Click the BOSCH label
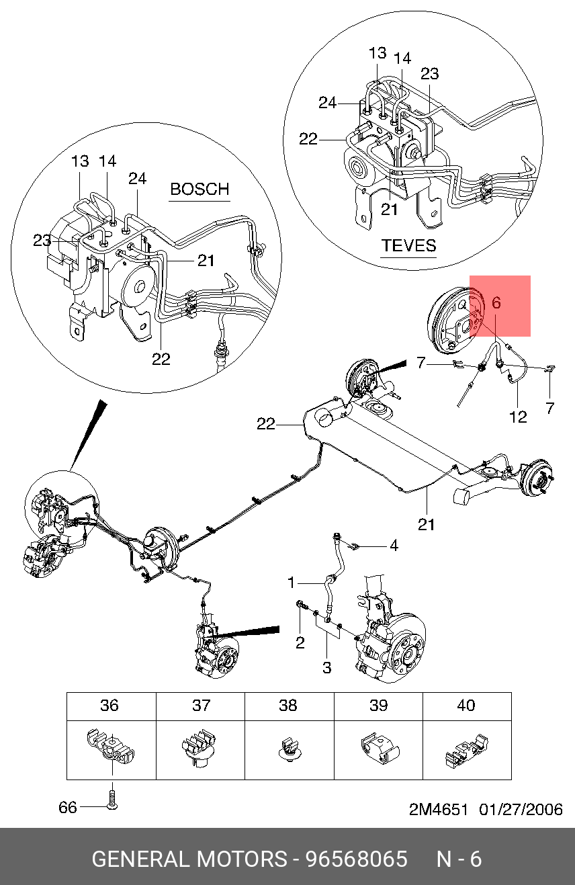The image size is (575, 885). click(200, 189)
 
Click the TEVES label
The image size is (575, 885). click(408, 245)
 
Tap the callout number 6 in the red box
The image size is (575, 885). click(496, 302)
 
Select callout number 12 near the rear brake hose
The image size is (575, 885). click(518, 417)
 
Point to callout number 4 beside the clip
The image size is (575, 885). click(394, 546)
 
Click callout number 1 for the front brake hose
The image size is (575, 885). click(291, 583)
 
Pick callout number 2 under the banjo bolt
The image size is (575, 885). click(300, 643)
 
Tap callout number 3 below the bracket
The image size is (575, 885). click(326, 668)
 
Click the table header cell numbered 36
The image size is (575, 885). click(112, 705)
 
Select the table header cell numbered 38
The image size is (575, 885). click(289, 705)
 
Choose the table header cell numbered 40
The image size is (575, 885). click(468, 705)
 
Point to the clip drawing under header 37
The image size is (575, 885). click(199, 748)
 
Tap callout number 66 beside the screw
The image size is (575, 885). click(68, 807)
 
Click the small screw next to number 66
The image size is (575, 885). click(112, 799)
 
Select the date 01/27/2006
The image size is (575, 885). click(521, 810)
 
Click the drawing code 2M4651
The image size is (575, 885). click(439, 810)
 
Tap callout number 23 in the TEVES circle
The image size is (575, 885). click(429, 74)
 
